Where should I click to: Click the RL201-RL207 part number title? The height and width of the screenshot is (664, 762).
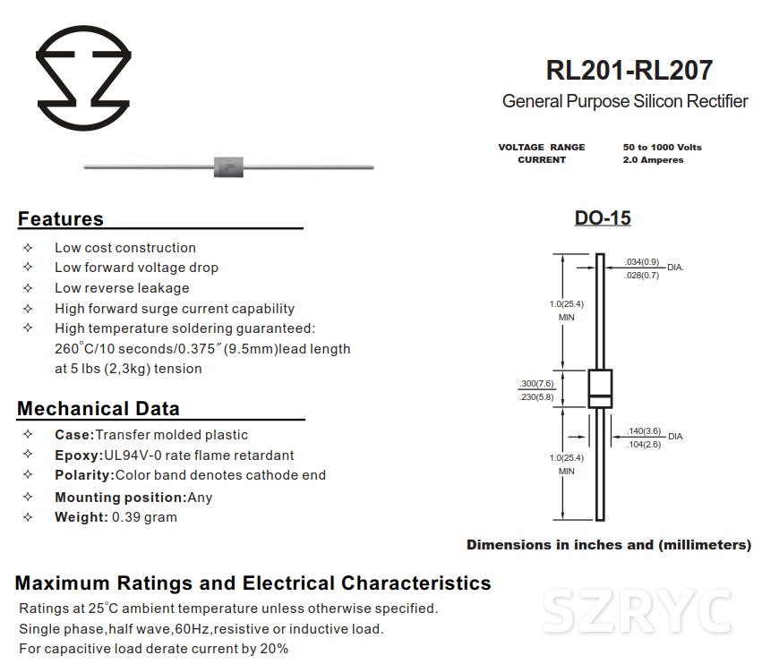629,70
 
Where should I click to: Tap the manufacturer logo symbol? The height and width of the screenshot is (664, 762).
83,78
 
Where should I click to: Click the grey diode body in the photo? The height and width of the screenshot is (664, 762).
228,166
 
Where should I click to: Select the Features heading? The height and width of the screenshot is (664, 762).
61,219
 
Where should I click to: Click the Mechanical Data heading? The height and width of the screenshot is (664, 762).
98,409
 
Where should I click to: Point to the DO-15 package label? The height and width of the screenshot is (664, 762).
603,218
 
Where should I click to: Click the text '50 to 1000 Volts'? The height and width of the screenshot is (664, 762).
662,147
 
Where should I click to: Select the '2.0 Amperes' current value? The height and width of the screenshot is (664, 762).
653,160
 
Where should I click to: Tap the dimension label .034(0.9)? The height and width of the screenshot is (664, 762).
643,262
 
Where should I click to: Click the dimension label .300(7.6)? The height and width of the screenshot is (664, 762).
536,384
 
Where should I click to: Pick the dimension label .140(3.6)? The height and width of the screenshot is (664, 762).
644,430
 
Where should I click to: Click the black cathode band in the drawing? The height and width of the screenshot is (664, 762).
600,398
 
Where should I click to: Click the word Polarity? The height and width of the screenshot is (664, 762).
83,475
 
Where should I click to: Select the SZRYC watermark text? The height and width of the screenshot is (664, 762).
638,612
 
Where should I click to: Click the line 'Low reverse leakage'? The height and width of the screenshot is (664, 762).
122,288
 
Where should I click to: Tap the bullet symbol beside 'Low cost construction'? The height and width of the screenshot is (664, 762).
28,248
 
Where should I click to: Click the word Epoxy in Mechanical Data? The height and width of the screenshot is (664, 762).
77,455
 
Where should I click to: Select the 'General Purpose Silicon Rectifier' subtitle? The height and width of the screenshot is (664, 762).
625,101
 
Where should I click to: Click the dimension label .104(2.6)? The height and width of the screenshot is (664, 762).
644,445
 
